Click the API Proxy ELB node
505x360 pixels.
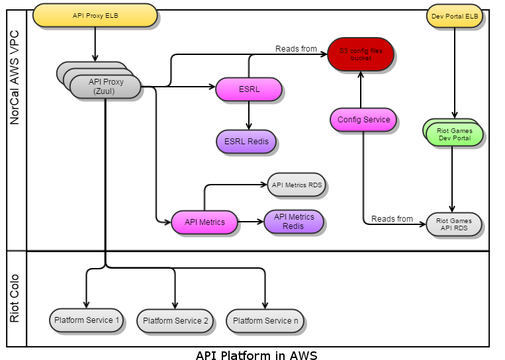click(95, 15)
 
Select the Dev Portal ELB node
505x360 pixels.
click(454, 15)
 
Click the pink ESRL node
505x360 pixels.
click(249, 88)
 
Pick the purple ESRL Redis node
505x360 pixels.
click(246, 141)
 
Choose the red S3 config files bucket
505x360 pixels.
click(361, 54)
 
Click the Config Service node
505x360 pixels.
click(363, 120)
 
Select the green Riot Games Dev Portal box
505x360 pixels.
click(455, 134)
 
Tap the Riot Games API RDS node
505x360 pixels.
click(455, 225)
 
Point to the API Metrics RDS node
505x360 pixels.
click(297, 185)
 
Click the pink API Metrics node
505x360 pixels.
click(205, 222)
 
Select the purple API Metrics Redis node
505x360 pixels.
click(294, 222)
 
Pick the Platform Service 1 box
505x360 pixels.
click(87, 320)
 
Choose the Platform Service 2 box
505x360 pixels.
click(175, 321)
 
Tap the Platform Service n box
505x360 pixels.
click(265, 321)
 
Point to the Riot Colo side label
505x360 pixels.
click(15, 298)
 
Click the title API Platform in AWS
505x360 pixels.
click(256, 355)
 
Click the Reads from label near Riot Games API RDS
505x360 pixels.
click(392, 219)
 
